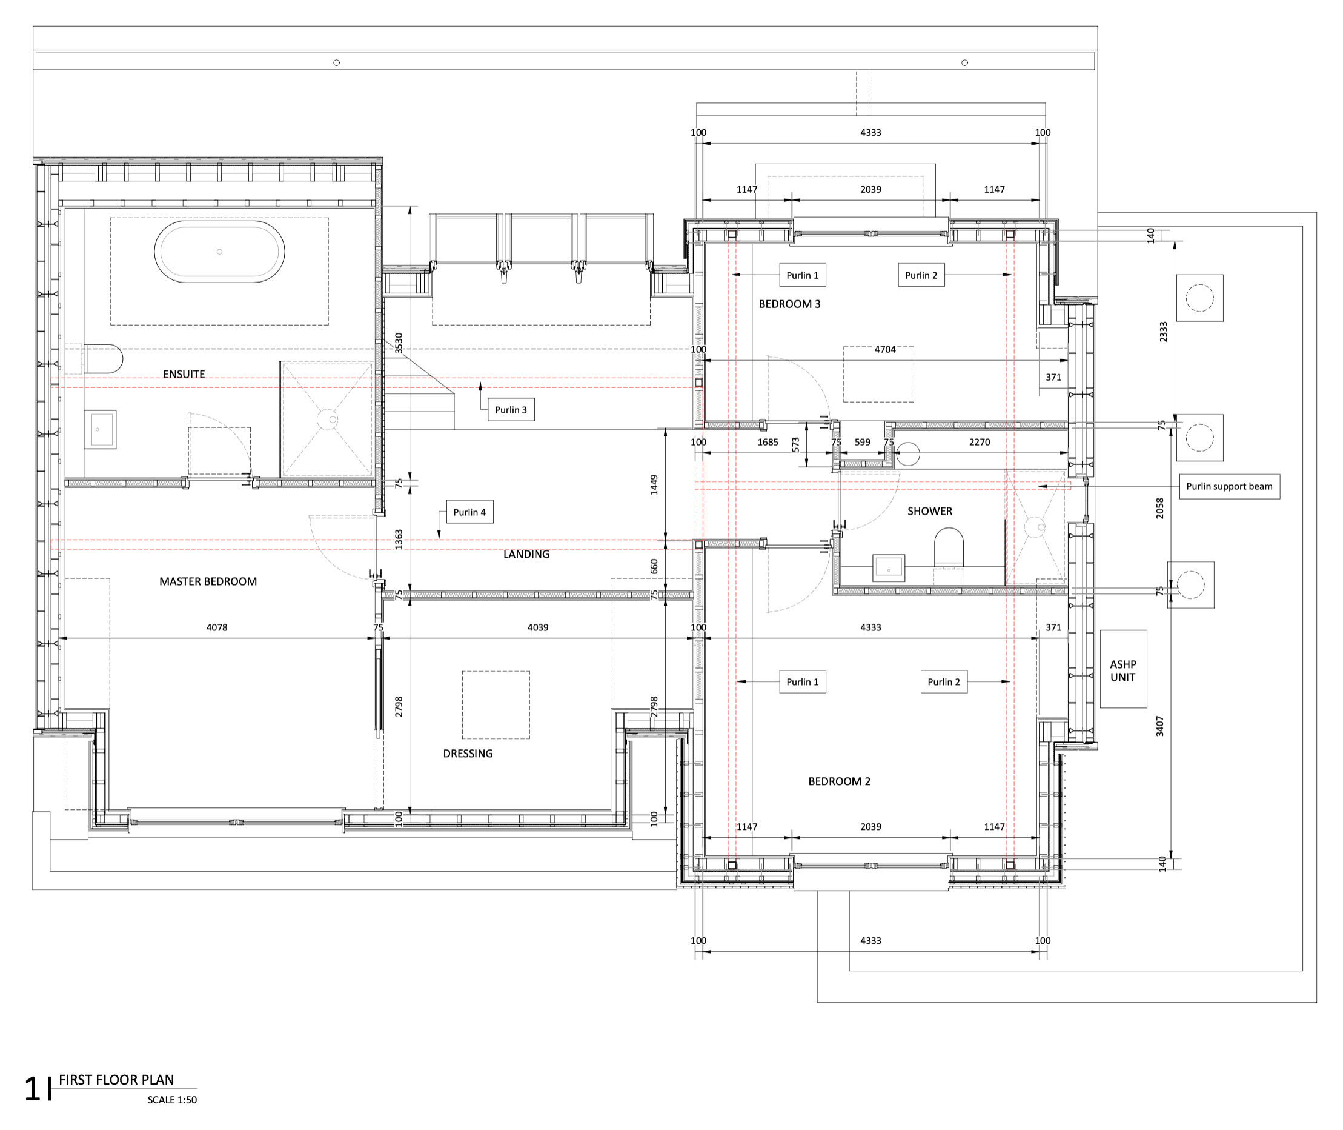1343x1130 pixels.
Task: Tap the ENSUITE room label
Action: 184,374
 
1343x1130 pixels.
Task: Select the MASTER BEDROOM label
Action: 208,581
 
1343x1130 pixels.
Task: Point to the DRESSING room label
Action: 468,754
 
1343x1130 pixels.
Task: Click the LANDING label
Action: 526,555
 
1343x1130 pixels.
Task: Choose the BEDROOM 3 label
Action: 789,304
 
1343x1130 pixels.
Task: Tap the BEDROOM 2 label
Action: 839,781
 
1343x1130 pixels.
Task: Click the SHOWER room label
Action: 929,511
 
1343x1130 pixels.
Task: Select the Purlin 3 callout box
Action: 511,410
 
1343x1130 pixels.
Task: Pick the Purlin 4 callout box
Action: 470,512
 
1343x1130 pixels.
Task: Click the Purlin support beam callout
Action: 1229,486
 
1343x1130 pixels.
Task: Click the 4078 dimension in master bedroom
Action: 217,628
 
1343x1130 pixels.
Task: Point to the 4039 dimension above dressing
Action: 538,628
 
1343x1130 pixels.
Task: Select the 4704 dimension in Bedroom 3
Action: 885,350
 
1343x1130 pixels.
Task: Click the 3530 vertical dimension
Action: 399,343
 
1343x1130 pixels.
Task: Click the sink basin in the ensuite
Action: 100,429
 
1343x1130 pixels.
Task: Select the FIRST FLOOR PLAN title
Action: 116,1080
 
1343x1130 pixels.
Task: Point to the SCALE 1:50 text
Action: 172,1100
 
